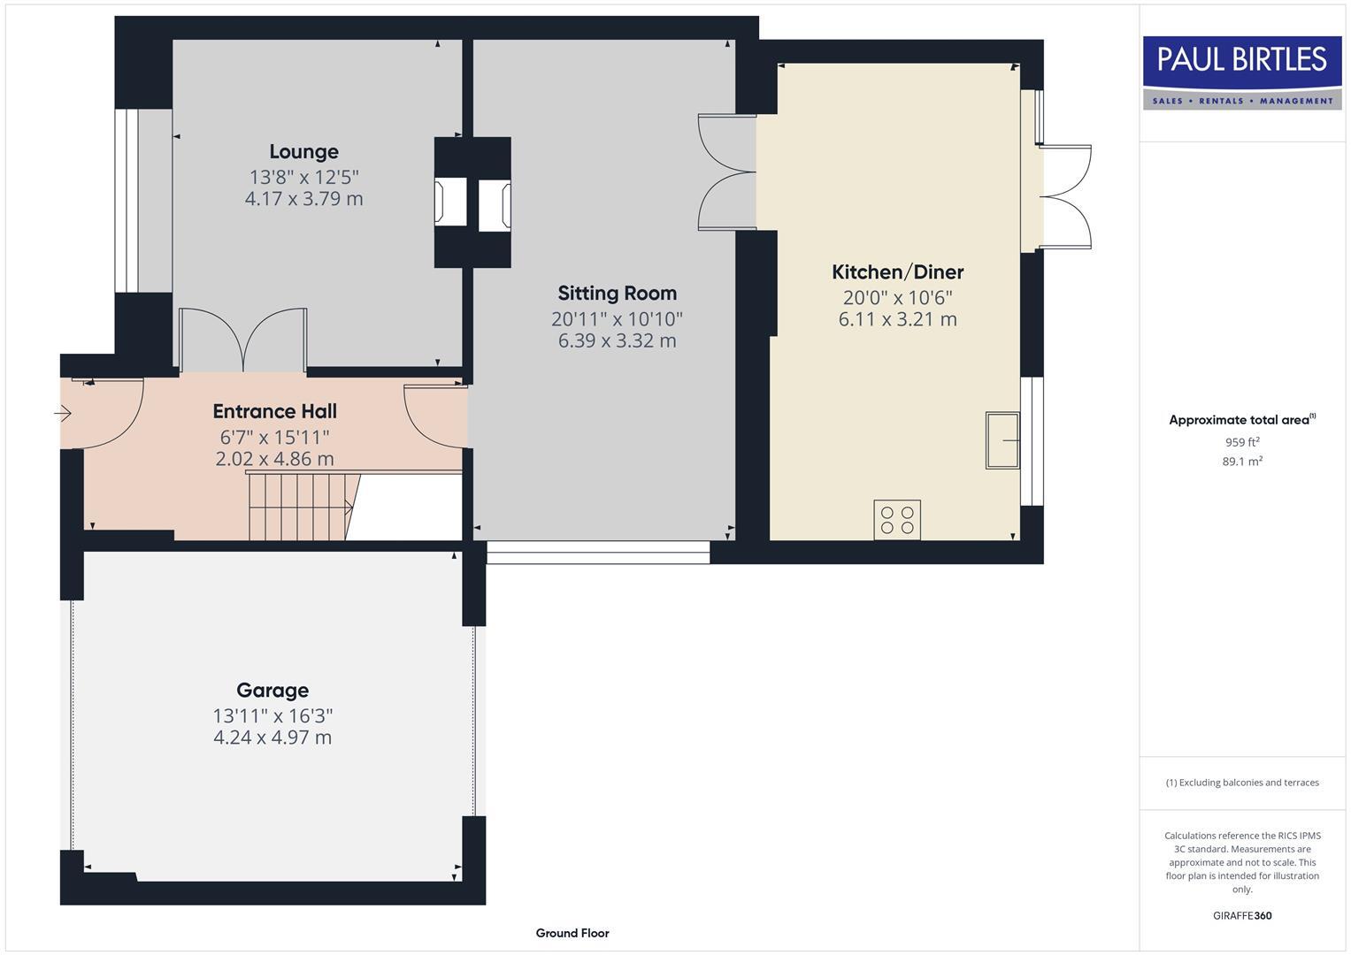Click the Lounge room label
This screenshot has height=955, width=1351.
(303, 152)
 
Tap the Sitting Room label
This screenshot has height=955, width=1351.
(617, 294)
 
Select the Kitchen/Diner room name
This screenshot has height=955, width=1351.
(897, 272)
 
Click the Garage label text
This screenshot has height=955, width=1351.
(273, 691)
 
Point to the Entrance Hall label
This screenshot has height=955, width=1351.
(274, 411)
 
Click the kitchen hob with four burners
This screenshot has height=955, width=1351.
(897, 519)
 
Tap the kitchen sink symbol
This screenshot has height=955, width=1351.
(1002, 439)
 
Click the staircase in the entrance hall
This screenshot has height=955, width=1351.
(301, 507)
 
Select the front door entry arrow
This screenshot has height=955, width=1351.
(63, 413)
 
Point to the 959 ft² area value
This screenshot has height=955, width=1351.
(1242, 442)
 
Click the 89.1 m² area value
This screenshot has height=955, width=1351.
(1242, 462)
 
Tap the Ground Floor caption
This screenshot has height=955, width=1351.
(572, 933)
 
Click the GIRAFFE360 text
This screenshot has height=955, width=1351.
(1242, 916)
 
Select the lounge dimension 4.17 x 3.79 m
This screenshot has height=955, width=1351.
(303, 199)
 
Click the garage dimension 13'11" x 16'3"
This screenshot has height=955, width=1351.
(273, 715)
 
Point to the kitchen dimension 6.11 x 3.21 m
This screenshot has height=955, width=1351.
(897, 320)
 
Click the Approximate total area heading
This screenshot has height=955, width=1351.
(1241, 420)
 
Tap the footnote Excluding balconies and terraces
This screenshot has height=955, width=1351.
(1242, 783)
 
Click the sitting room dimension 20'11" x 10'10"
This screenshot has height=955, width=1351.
(617, 318)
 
